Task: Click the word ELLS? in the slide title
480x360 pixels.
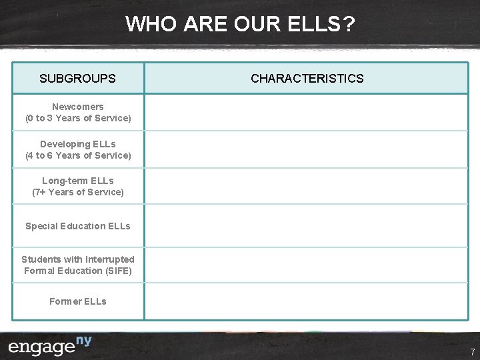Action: point(322,25)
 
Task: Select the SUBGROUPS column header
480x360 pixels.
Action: point(77,79)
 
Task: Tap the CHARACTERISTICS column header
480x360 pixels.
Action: point(307,79)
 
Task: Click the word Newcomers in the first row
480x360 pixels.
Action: point(78,107)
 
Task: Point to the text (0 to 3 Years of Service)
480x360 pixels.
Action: point(78,119)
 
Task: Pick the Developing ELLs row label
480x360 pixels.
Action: point(78,144)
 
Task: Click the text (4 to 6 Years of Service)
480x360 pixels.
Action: point(78,156)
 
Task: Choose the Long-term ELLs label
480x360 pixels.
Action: point(78,181)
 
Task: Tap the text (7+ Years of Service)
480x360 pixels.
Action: point(78,193)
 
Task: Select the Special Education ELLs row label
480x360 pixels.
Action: point(78,226)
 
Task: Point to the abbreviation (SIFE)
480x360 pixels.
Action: point(117,271)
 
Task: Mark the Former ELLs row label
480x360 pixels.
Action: point(78,301)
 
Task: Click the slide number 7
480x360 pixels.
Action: point(472,351)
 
